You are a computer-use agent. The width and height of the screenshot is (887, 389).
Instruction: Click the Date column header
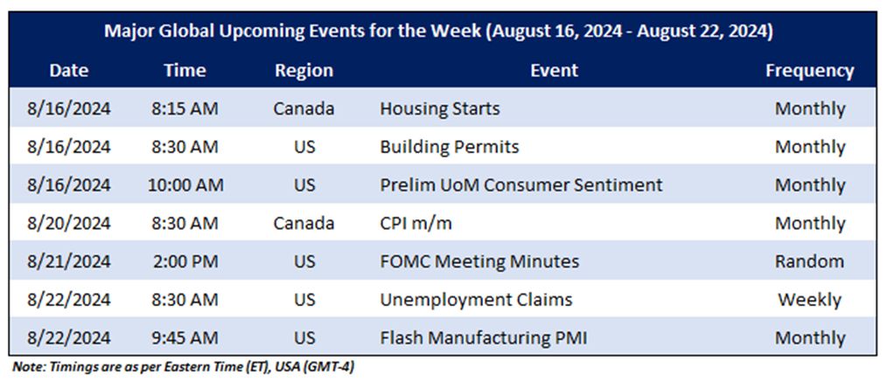tap(69, 71)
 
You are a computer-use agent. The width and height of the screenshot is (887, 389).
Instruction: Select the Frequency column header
tap(809, 71)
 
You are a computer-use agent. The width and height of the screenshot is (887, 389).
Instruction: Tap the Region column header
tap(304, 71)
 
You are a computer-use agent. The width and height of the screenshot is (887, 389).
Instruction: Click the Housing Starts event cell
tap(439, 108)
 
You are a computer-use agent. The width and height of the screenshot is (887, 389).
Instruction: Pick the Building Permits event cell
tap(449, 147)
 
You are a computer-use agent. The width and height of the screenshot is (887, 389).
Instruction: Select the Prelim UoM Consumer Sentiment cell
tap(520, 185)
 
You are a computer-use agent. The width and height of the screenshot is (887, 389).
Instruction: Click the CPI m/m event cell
tap(416, 223)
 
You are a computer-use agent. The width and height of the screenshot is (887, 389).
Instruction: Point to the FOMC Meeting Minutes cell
tap(479, 261)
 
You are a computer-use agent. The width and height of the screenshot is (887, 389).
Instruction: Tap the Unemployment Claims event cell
tap(476, 300)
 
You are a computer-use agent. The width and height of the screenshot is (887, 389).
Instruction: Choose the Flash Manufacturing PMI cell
tap(483, 338)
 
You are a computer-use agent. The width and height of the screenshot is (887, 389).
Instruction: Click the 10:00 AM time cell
tap(185, 185)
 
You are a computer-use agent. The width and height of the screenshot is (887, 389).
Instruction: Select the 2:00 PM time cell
tap(185, 261)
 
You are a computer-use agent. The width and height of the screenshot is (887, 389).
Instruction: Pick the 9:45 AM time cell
tap(185, 338)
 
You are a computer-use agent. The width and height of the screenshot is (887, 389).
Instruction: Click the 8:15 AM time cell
tap(185, 108)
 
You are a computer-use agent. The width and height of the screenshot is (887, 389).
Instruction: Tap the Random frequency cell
tap(809, 261)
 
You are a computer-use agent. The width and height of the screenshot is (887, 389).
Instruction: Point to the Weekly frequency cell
tap(809, 300)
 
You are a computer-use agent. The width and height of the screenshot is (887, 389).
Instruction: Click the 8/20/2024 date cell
tap(69, 223)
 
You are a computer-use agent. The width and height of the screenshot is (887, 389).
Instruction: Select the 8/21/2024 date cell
tap(69, 261)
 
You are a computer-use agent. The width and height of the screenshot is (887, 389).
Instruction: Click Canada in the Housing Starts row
tap(304, 108)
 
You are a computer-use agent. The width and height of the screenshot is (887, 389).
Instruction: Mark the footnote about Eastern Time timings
tap(184, 366)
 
